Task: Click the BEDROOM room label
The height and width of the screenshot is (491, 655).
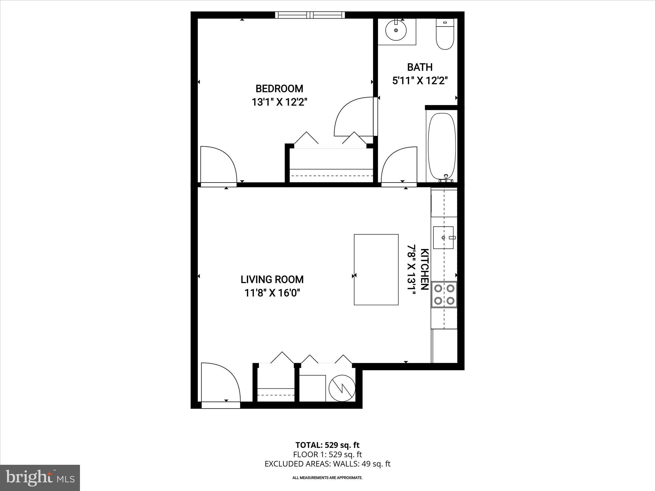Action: coord(279,89)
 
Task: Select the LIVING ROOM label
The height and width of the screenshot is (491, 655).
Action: coord(272,279)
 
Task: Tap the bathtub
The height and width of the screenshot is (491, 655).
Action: coord(442,146)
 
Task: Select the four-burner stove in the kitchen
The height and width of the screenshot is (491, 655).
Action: coord(444,294)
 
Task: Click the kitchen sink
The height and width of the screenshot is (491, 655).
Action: coord(443,238)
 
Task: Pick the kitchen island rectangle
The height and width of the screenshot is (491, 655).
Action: coord(376,269)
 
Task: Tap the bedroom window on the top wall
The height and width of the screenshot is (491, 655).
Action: coord(310,15)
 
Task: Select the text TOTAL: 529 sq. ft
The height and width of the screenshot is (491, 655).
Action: coord(327,445)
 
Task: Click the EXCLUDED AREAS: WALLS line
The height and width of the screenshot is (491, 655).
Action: coord(327,464)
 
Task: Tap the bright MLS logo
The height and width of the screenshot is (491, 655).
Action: coord(40,478)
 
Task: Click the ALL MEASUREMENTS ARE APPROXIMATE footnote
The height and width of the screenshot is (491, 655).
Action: coord(327,478)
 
